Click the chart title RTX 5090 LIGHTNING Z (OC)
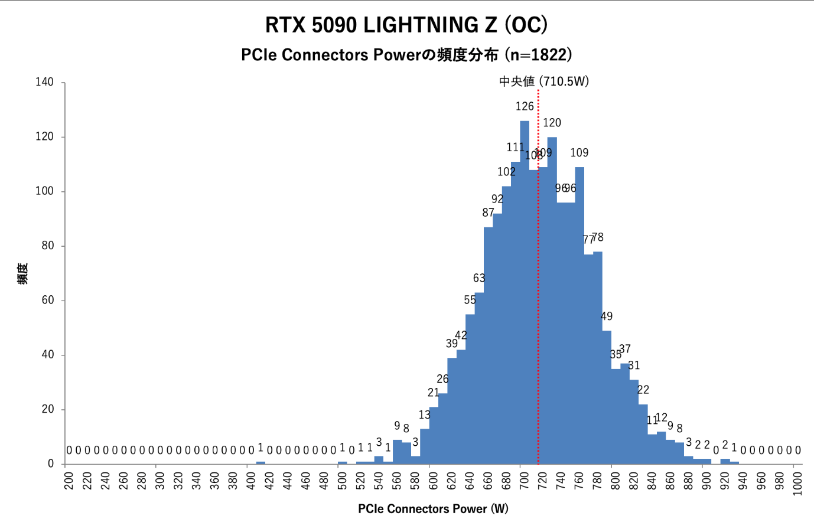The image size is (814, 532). coord(406,25)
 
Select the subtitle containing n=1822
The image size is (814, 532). coord(406,55)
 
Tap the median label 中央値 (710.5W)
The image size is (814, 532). coord(543,81)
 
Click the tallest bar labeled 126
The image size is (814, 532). coord(525,295)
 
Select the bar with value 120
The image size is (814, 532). coord(552,295)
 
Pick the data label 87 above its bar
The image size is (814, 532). coord(488,213)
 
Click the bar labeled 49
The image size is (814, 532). coord(607,396)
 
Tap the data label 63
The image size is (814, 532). coord(479,278)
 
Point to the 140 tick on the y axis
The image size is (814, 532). coord(44,82)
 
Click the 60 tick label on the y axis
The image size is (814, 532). coord(47,300)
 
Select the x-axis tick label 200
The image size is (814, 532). coord(69,481)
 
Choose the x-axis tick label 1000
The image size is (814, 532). coord(797,483)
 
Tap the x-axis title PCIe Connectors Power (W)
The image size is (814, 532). coord(433,509)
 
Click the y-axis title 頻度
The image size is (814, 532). coord(22,273)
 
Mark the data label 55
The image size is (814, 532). coord(470,300)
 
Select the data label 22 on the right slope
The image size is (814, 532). coord(643,390)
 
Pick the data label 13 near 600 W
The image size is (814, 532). coord(425,415)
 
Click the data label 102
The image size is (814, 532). coord(506,172)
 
